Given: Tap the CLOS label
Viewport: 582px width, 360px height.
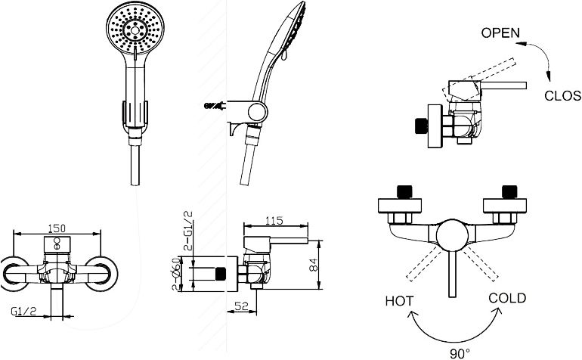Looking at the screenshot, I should (x=563, y=96).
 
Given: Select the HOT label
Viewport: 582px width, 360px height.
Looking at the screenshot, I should (x=399, y=300).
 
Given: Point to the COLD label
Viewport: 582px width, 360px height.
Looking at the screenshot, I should (x=507, y=298).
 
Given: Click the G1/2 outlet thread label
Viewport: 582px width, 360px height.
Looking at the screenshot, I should (x=26, y=310).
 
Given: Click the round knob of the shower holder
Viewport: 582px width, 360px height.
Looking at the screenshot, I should (x=258, y=114).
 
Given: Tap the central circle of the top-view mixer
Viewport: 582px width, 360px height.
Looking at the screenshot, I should (x=454, y=234).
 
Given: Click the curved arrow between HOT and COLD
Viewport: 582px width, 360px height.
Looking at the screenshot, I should (x=454, y=333).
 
